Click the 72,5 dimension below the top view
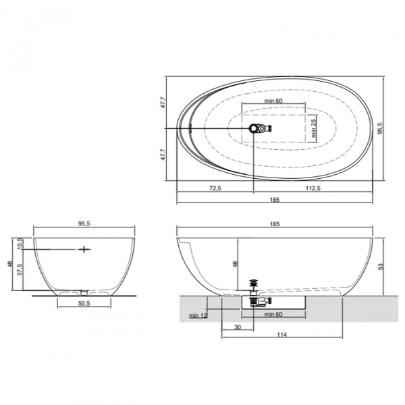click(215, 188)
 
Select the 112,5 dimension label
click(313, 188)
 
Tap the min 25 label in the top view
click(314, 128)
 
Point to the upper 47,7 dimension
click(163, 103)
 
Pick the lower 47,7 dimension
click(163, 154)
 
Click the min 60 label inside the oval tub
click(273, 101)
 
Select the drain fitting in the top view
click(260, 128)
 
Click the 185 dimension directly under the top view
click(275, 200)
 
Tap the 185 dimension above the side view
click(275, 224)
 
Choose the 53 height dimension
click(381, 267)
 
